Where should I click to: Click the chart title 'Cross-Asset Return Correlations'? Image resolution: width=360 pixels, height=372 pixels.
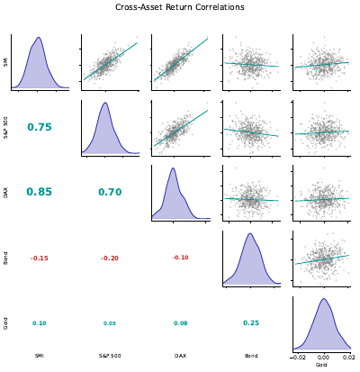coord(180,7)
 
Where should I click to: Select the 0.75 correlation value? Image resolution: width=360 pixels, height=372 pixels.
coord(40,127)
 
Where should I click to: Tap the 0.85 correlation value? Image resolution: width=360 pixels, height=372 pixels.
coord(40,192)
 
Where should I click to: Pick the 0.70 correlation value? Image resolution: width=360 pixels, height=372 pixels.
coord(110,192)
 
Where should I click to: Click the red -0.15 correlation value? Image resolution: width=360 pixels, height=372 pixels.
coord(40,258)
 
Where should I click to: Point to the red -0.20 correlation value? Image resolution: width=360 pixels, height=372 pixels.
coord(110,258)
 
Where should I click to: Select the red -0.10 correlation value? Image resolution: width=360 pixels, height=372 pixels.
coord(180,258)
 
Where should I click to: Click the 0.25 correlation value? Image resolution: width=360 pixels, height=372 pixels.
coord(250,322)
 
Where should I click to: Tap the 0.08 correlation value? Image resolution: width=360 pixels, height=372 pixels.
coord(180,322)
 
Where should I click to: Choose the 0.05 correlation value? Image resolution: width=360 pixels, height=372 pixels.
coord(110,322)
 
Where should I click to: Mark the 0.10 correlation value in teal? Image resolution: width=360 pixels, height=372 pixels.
coord(40,322)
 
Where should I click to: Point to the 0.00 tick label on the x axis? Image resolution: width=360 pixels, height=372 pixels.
coord(323,357)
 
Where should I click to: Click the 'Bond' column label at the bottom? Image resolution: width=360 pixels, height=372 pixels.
coord(250,357)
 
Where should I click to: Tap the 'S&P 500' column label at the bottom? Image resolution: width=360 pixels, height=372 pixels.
coord(110,357)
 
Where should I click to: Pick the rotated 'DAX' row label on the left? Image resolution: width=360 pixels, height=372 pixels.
coord(5,192)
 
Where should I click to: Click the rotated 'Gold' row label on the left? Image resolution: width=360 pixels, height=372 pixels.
coord(5,322)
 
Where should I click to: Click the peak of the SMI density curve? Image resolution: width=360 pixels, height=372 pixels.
coord(38,39)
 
